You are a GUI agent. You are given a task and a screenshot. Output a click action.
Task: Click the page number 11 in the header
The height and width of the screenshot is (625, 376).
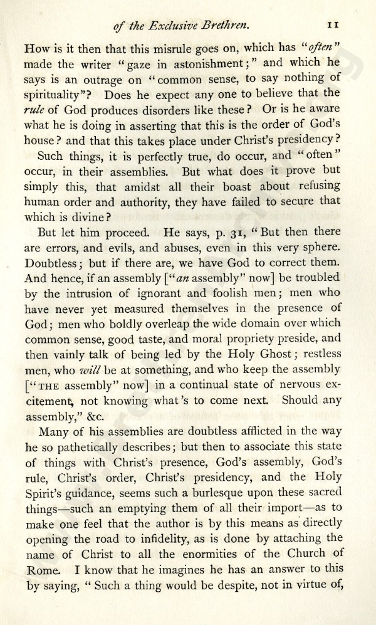tap(333, 25)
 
